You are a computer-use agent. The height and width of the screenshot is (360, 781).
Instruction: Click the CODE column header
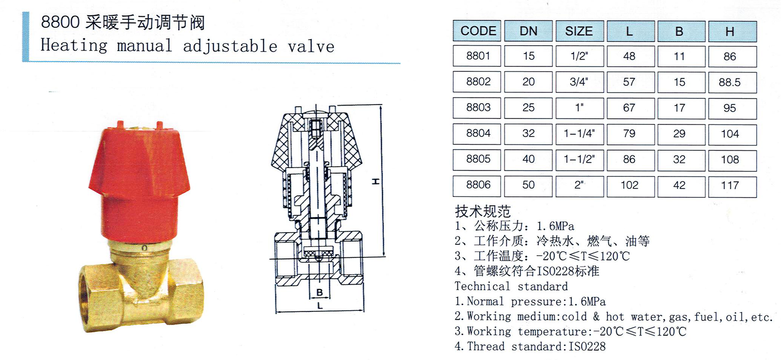coord(477,31)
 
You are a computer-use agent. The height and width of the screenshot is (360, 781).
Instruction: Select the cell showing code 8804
coord(477,133)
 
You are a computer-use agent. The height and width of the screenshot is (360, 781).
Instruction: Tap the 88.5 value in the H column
coord(732,82)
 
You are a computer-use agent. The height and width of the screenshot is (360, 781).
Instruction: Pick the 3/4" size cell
coord(579,82)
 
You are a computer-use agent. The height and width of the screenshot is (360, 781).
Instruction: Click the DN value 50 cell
coord(528,185)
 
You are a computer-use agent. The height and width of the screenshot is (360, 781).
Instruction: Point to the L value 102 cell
coord(630,185)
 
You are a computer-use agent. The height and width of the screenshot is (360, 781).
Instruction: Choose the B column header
coord(681,31)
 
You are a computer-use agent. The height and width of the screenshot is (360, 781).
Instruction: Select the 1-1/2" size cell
coord(579,160)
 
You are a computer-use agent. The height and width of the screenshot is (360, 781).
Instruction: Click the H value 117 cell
coord(732,185)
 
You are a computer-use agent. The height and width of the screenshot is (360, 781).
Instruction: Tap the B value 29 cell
coord(681,134)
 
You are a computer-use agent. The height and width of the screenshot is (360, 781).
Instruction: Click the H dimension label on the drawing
coord(376,181)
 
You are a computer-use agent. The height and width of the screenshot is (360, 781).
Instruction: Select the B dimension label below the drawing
coord(319,293)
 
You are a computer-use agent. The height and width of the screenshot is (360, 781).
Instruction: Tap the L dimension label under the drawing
coord(320,306)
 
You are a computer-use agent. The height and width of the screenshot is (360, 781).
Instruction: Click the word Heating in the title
coord(73,46)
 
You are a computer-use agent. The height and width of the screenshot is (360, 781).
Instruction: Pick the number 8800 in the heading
coord(60,22)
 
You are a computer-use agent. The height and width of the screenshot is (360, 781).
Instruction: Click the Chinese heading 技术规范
coord(483,211)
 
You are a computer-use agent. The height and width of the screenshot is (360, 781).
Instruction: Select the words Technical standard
coord(511,287)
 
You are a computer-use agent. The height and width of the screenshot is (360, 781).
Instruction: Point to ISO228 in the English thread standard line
coord(587,347)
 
